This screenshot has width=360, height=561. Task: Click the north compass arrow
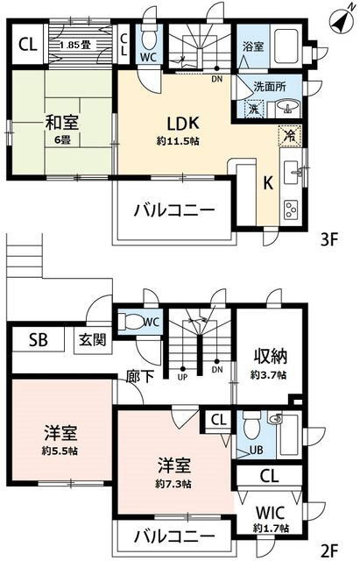coord(342,20)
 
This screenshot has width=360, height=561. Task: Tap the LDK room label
coord(183,124)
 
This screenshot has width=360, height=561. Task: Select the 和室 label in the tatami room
coord(62,123)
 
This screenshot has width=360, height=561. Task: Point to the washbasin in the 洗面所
coord(288,107)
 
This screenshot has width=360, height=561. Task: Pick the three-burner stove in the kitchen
coord(291,209)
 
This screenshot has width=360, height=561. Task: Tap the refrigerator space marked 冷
coord(290,136)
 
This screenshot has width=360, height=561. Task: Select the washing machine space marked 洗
coord(254,109)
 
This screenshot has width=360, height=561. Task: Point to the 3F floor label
coord(328,239)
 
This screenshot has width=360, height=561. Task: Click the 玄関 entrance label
coord(93,339)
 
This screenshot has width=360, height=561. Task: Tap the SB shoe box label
coord(38,340)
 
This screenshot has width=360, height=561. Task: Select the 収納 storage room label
coord(271,356)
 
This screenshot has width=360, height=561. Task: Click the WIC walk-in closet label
coord(270,513)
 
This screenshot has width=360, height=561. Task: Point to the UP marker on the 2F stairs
coord(183,377)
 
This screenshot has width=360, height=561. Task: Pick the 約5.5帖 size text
coord(60,451)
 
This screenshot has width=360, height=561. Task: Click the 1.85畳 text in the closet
coord(75,45)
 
